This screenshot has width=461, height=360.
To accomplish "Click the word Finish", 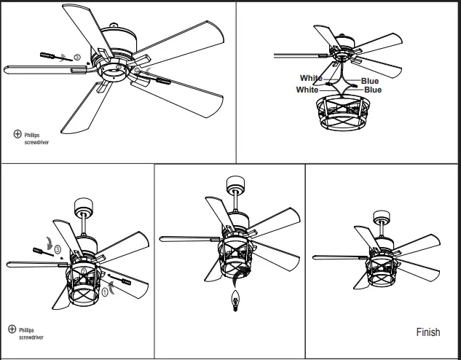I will click(x=428, y=332).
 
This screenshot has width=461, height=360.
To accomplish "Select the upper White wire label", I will click(x=311, y=77).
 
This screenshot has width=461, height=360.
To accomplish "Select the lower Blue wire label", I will click(x=372, y=90).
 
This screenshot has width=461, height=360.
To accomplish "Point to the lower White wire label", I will click(x=307, y=90).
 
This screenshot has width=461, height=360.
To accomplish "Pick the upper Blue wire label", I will click(x=370, y=80).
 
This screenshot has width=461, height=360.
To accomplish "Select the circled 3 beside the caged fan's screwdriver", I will click(x=57, y=249).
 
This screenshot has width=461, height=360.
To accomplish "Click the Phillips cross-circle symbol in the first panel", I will click(x=17, y=134).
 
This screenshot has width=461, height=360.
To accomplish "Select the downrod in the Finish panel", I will click(x=381, y=229).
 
